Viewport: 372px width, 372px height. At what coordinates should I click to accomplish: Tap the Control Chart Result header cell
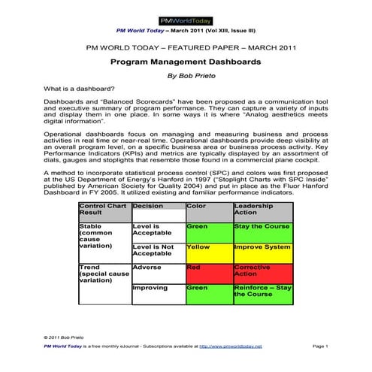tap(104, 209)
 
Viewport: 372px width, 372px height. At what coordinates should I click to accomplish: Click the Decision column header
tap(157, 205)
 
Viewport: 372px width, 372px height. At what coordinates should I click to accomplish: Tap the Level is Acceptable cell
tap(157, 230)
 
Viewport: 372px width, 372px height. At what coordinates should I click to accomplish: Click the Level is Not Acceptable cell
tap(157, 251)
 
